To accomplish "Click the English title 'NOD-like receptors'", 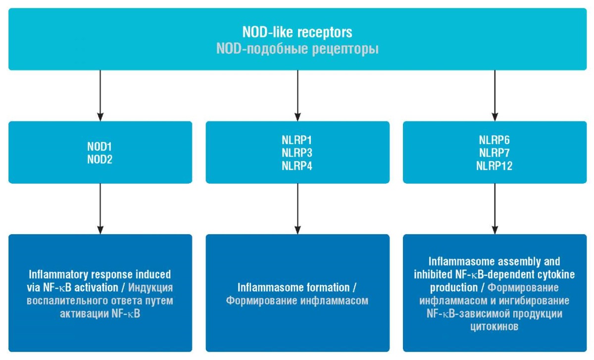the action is pos(297,32).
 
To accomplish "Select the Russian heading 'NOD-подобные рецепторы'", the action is pos(297,49).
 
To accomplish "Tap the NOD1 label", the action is pos(99,147).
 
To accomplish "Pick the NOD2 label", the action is pos(99,159).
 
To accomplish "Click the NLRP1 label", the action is pos(297,140).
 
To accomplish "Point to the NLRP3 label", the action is pos(297,153).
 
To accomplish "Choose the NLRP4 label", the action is pos(297,166).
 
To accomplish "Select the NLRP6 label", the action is pos(495,140).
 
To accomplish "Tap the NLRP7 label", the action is pos(495,153).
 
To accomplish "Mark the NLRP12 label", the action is pos(495,166).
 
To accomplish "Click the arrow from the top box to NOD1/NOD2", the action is pos(100,96).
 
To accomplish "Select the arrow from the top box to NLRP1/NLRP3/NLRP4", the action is pos(297,96).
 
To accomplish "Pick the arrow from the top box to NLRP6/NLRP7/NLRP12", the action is pos(495,96).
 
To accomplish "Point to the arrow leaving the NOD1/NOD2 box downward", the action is pos(100,209).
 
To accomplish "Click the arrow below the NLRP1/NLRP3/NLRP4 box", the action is pos(297,209).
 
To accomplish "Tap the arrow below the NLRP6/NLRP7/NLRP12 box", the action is pos(495,209).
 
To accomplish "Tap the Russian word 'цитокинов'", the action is pos(495,326).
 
